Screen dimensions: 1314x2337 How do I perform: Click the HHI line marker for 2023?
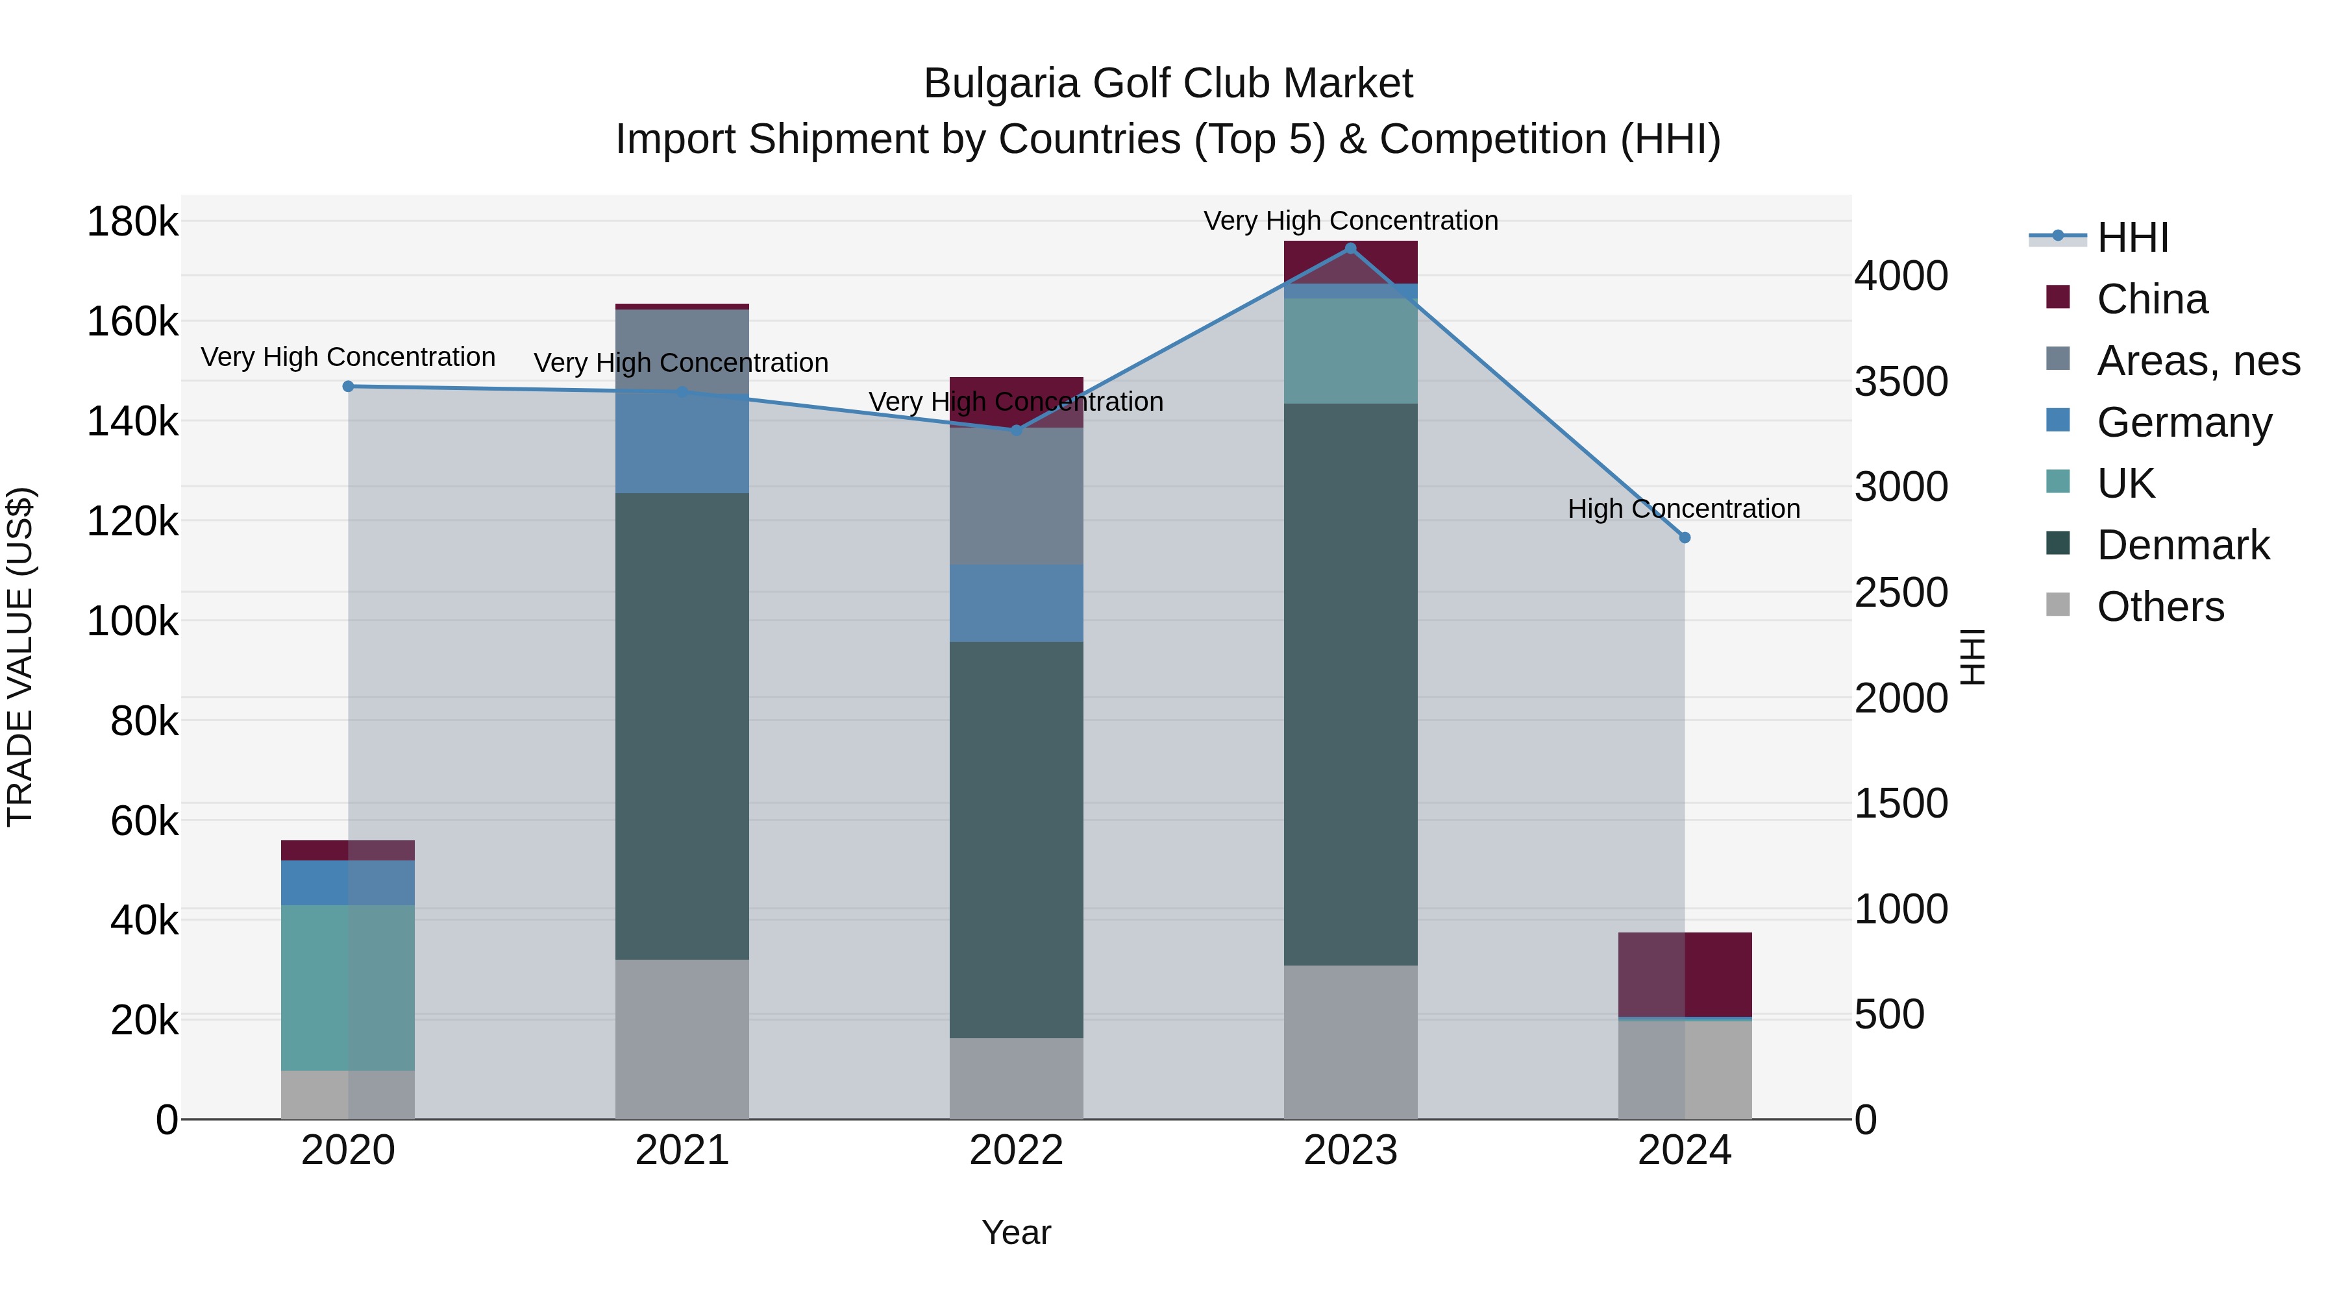[x=1350, y=249]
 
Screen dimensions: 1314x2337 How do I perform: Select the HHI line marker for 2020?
[x=349, y=386]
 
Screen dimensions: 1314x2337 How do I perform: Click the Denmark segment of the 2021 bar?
[x=682, y=725]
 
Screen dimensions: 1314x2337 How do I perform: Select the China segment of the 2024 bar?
[x=1685, y=974]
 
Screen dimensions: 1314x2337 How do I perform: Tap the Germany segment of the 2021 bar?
[x=682, y=444]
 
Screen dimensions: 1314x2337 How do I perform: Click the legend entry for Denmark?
[x=2182, y=545]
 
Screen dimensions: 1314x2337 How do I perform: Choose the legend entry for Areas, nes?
[x=2197, y=361]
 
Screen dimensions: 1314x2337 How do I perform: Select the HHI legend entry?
[x=2132, y=237]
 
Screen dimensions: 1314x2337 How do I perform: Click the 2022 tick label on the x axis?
[x=1016, y=1150]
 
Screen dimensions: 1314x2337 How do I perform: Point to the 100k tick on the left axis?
[x=132, y=622]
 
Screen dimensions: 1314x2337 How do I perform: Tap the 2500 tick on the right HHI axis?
[x=1901, y=593]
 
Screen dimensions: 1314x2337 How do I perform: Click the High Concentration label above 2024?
[x=1684, y=509]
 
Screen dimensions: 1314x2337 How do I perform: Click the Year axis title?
[x=1016, y=1232]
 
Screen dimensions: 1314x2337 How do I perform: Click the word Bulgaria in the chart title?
[x=1000, y=84]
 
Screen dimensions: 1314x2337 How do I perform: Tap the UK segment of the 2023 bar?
[x=1350, y=351]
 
